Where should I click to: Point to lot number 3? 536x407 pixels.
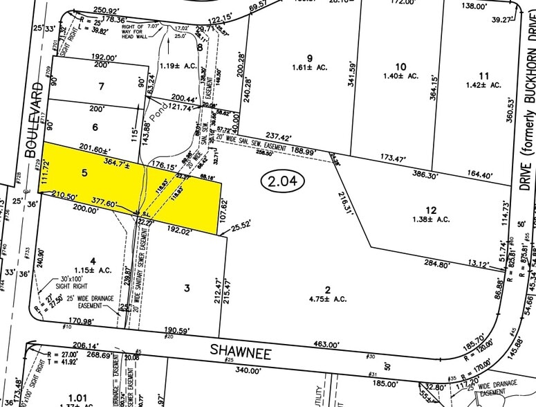pyautogui.click(x=186, y=287)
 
